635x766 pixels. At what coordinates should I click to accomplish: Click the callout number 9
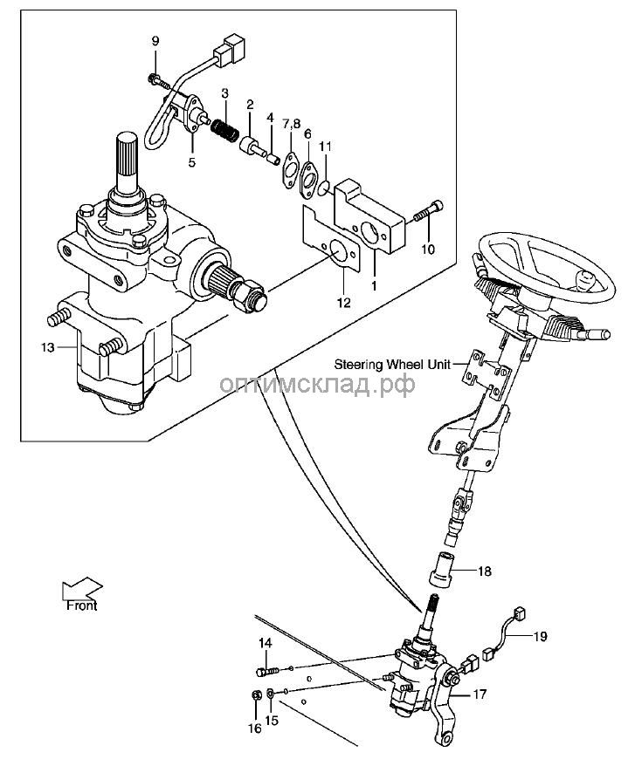coord(155,41)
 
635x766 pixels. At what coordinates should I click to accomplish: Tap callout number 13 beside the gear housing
coord(48,347)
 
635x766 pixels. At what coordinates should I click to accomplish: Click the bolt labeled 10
coord(429,211)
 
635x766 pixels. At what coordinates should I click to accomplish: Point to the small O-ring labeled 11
coord(323,187)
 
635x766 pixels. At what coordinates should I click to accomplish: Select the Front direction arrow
coord(82,588)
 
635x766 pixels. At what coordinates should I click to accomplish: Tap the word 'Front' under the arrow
coord(82,605)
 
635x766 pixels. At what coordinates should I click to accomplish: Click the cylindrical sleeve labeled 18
coord(440,569)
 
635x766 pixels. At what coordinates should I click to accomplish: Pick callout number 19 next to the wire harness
coord(540,637)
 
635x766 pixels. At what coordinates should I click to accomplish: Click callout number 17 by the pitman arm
coord(480,694)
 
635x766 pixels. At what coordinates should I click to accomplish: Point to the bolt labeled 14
coord(267,672)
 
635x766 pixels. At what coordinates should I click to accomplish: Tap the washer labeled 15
coord(271,693)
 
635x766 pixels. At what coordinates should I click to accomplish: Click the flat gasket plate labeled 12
coord(332,239)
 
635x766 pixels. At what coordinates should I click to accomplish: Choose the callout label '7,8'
coord(291,125)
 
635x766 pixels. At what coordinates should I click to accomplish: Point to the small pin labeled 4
coord(273,158)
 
